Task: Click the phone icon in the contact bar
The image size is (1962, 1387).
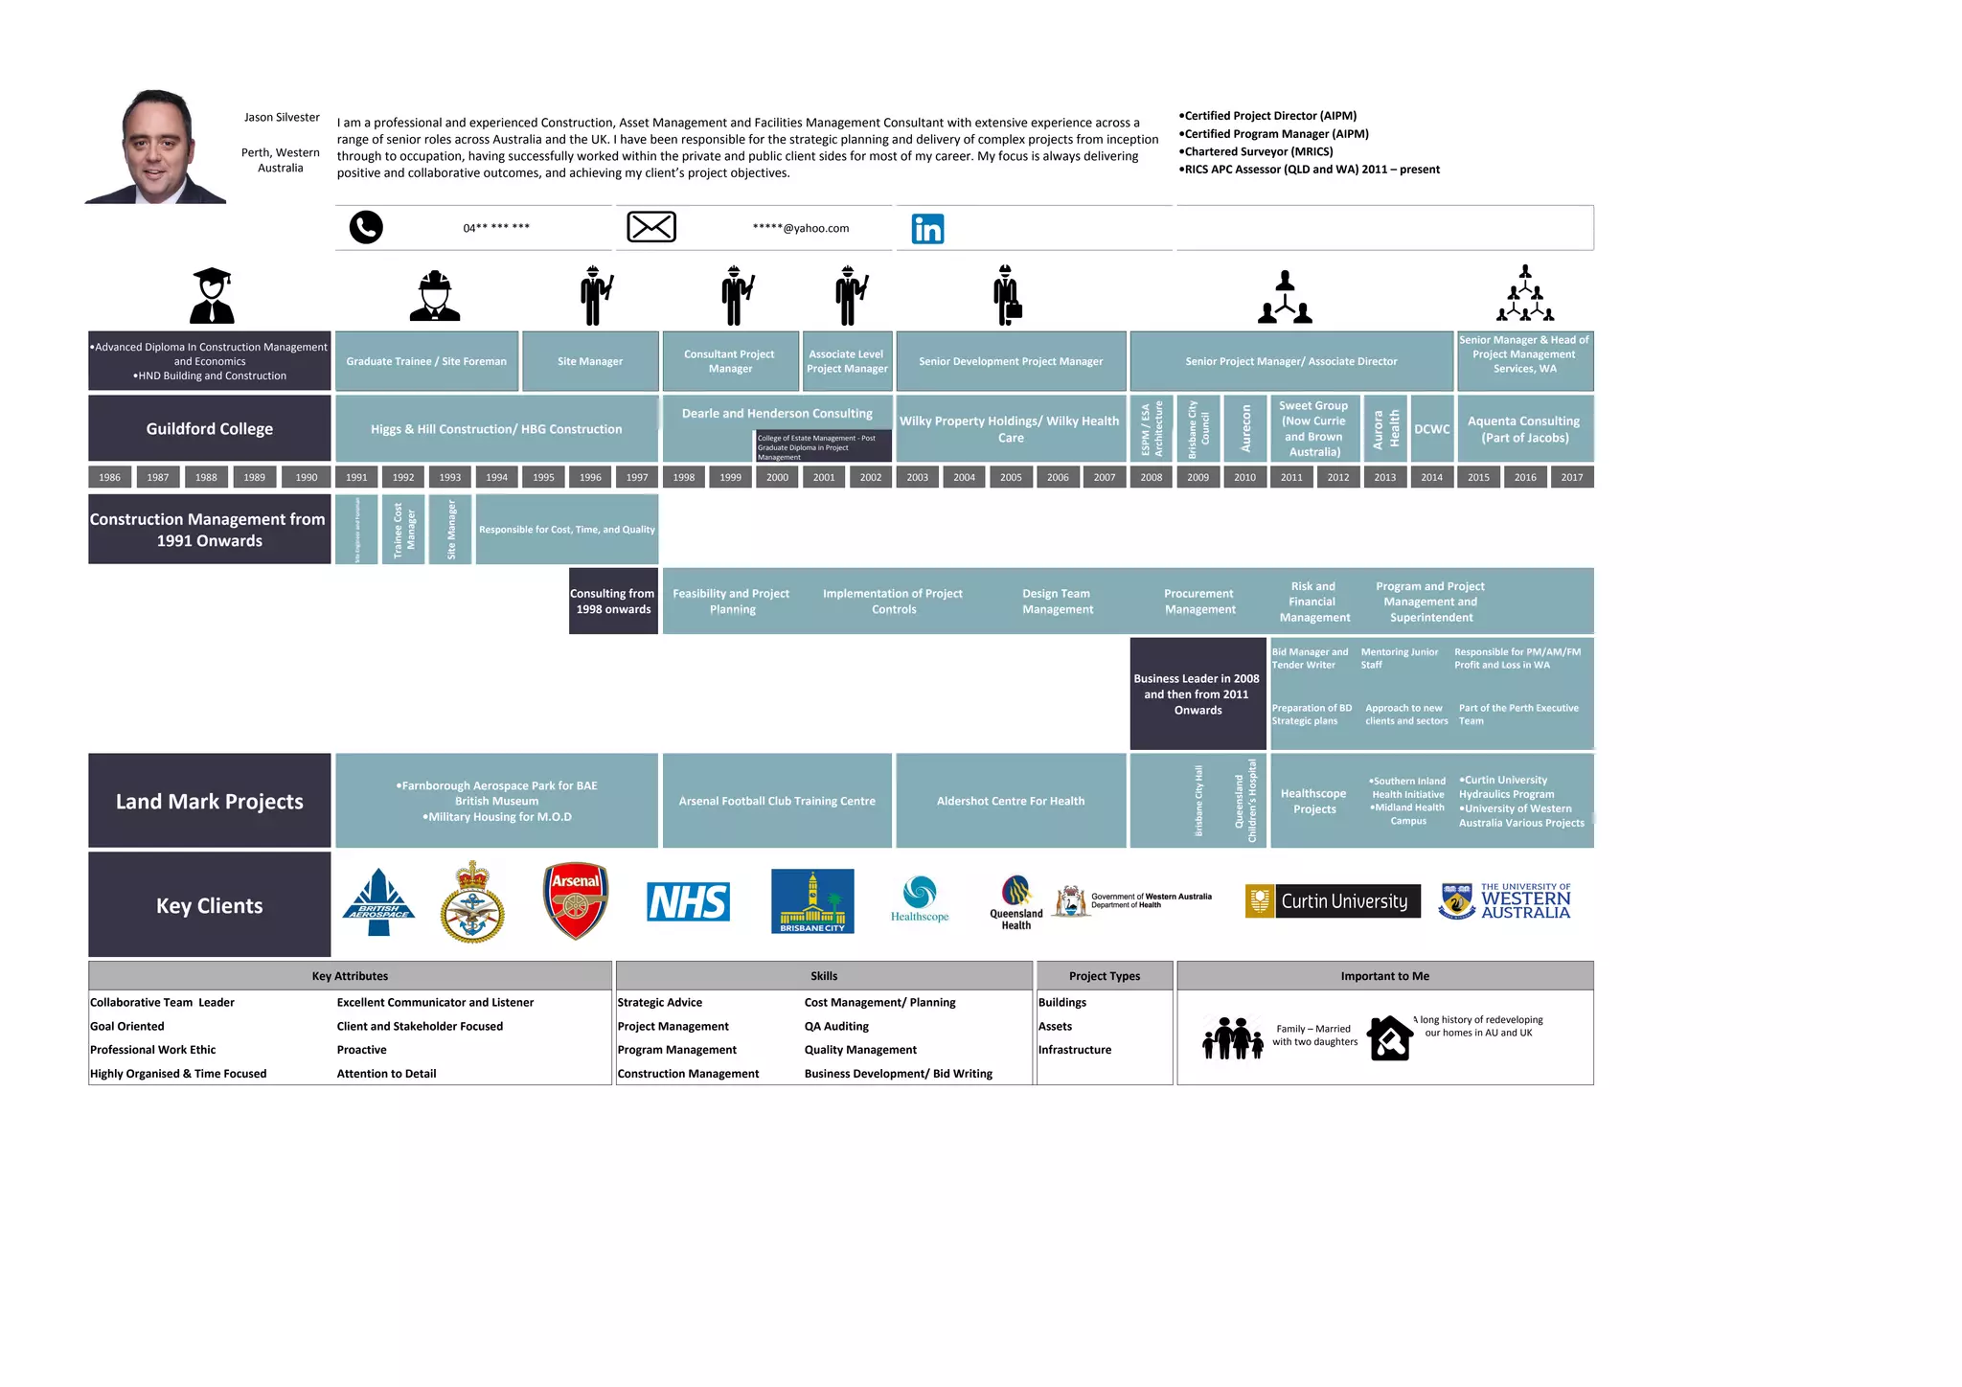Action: point(366,228)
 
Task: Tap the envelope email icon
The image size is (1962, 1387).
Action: point(651,227)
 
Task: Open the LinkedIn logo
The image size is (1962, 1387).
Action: point(927,229)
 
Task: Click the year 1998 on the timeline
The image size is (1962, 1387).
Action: point(684,477)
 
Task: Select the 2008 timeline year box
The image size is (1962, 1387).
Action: point(1152,477)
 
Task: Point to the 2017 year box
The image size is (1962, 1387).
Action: point(1572,477)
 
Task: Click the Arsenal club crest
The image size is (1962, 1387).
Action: point(576,901)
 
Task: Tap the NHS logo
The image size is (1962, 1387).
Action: point(688,902)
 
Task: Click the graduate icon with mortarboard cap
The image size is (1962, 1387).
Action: point(212,295)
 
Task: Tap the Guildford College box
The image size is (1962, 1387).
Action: point(210,429)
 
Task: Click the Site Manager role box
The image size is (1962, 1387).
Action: point(590,361)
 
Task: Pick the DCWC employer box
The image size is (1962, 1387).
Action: point(1431,429)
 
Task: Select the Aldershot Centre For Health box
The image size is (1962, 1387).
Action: point(1011,801)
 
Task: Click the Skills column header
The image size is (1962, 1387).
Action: point(824,976)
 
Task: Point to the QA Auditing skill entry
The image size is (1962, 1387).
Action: point(836,1026)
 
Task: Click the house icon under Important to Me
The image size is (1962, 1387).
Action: point(1390,1038)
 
